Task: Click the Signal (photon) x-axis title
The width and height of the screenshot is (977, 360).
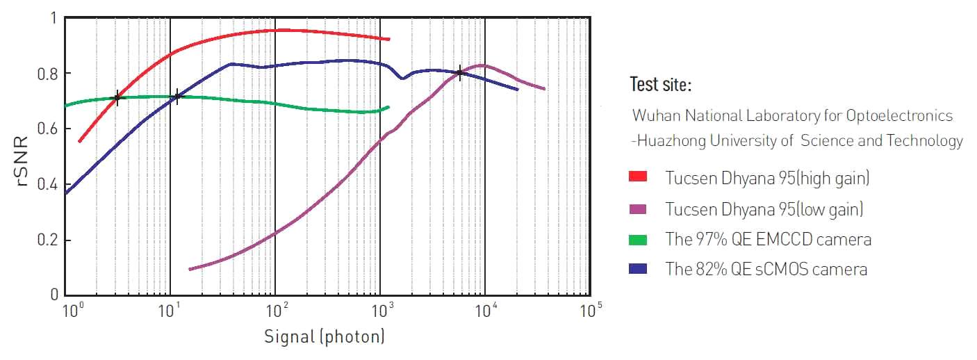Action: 324,338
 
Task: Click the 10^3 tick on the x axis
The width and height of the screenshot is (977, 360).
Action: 380,309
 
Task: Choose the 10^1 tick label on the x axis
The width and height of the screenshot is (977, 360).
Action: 170,309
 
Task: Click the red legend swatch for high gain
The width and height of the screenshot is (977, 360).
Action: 637,177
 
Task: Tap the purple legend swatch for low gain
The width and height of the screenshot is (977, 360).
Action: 637,208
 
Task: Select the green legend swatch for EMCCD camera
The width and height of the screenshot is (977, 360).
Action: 637,240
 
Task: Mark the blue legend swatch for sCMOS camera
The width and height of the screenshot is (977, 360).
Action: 637,269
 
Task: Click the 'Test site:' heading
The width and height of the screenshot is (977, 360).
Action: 660,85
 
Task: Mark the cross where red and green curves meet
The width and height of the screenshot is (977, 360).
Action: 117,97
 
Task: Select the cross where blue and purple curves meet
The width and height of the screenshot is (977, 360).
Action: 459,72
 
